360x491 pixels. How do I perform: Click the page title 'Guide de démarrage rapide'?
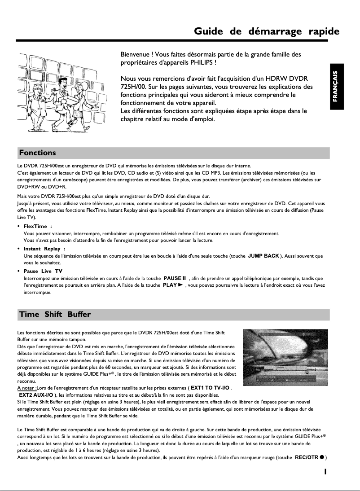click(x=266, y=31)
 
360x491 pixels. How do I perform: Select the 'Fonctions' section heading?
click(x=37, y=153)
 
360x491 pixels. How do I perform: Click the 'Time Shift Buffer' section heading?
click(x=54, y=314)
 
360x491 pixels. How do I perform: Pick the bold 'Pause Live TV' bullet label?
click(x=43, y=271)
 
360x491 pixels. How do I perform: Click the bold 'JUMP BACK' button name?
click(x=263, y=256)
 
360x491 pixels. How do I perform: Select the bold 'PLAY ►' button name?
click(x=174, y=285)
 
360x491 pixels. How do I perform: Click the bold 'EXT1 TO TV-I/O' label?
click(x=210, y=387)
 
